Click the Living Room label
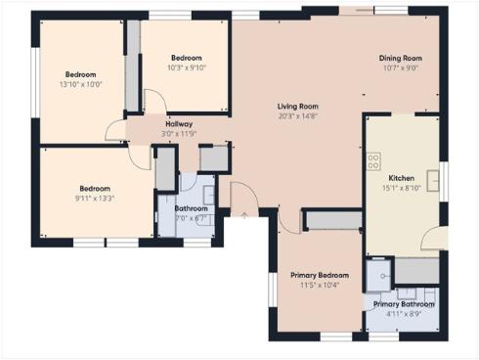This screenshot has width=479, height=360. tap(297, 106)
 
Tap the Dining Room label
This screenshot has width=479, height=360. tap(400, 58)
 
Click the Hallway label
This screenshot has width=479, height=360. tap(179, 124)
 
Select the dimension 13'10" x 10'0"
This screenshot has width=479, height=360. tap(81, 85)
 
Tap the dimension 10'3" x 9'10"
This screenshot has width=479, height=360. tap(187, 67)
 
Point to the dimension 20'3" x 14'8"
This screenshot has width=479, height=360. tap(297, 116)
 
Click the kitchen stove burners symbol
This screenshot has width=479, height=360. tap(373, 161)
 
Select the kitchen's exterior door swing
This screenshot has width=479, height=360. tap(434, 237)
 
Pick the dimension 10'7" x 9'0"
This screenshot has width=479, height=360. tap(400, 68)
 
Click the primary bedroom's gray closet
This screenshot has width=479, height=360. tap(330, 219)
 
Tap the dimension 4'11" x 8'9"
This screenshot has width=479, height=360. tap(402, 314)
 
